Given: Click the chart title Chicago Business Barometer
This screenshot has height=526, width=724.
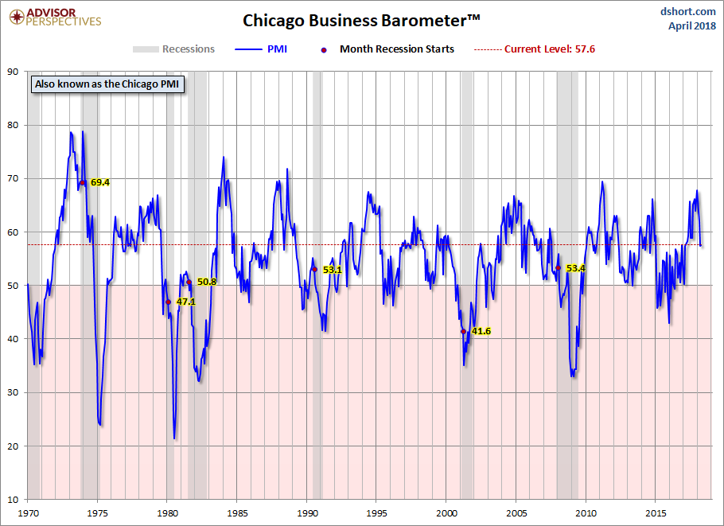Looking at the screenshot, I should click(361, 19).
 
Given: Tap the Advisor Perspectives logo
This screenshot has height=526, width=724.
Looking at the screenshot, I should click(55, 17).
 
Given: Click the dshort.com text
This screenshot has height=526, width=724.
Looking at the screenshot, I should click(689, 10).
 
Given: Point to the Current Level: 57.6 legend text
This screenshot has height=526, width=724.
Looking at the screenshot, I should click(549, 49).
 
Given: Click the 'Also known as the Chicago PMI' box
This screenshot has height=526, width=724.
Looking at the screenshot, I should click(107, 84).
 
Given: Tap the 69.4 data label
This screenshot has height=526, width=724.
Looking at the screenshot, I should click(99, 182).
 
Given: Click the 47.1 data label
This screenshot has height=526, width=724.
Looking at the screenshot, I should click(185, 302).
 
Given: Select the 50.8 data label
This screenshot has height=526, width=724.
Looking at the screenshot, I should click(207, 282).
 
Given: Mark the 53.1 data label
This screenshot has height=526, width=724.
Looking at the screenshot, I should click(332, 270).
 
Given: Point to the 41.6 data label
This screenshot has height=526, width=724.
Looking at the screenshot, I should click(481, 331).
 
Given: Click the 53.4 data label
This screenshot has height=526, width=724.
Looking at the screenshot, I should click(575, 268).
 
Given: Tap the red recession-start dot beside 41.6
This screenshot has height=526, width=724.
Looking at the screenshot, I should click(464, 331).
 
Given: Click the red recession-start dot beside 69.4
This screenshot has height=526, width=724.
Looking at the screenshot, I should click(82, 182).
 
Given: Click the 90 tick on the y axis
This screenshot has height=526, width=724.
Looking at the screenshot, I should click(14, 72).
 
